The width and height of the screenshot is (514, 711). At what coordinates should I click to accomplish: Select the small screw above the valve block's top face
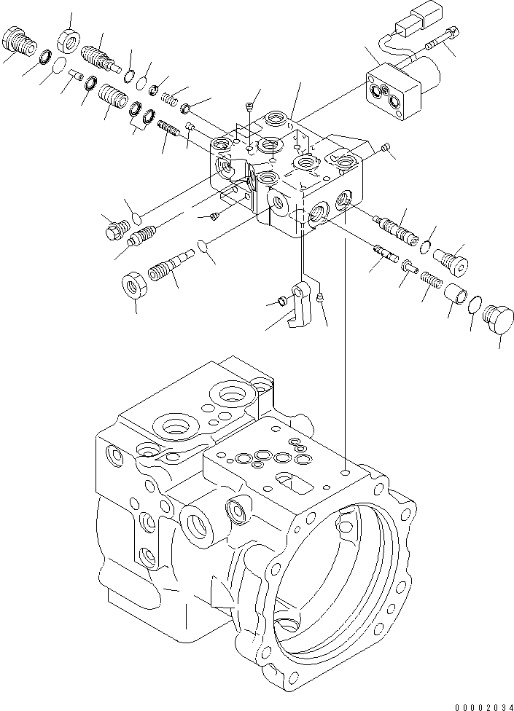click(250, 106)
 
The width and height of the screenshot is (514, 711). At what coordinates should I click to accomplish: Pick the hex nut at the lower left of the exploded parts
click(134, 283)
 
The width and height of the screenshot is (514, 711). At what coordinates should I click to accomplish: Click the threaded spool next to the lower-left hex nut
click(169, 267)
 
